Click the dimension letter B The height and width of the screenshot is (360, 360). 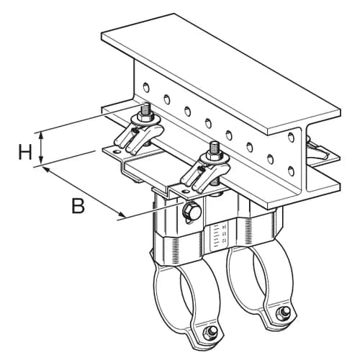tap(78, 206)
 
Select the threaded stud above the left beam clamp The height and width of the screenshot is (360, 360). tap(145, 109)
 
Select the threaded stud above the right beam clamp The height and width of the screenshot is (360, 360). tap(214, 148)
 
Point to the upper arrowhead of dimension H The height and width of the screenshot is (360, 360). tap(41, 135)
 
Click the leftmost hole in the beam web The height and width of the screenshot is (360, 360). tap(146, 88)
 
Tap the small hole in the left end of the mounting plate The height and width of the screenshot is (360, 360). tap(117, 152)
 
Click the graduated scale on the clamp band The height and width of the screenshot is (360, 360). tap(217, 237)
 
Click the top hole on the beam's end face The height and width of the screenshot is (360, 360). tap(291, 137)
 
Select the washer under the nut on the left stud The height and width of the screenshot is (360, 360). tap(146, 120)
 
